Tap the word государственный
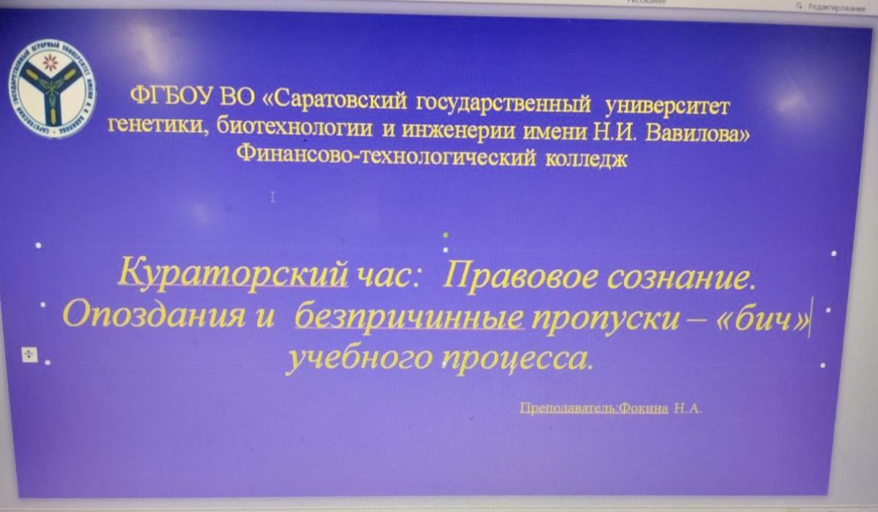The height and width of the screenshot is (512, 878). [x=504, y=104]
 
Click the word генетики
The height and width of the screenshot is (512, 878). [x=149, y=125]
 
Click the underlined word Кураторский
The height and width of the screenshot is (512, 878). [x=231, y=276]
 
